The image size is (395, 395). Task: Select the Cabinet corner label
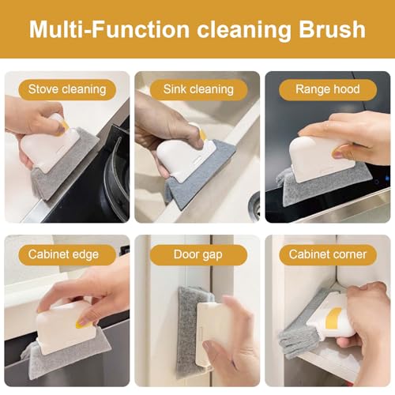pyautogui.click(x=327, y=254)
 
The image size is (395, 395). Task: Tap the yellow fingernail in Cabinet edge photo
pyautogui.click(x=83, y=322)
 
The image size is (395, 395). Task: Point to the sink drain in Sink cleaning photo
pyautogui.click(x=254, y=207)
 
